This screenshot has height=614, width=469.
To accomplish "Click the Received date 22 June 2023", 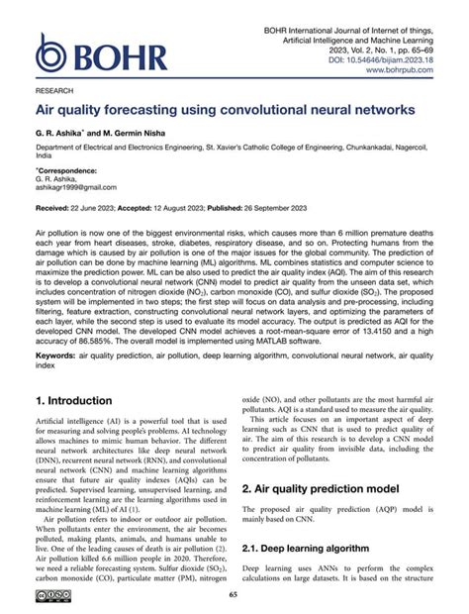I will pyautogui.click(x=91, y=210).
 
